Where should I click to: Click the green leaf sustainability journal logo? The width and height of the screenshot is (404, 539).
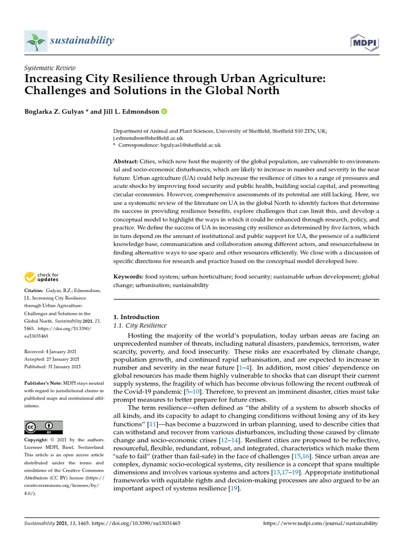click(36, 41)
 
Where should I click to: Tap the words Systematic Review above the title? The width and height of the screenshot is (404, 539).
click(50, 68)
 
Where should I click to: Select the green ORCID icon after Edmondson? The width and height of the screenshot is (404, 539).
click(164, 111)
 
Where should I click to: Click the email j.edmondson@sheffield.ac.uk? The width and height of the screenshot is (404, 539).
click(146, 137)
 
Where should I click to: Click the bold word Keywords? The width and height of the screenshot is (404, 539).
click(128, 276)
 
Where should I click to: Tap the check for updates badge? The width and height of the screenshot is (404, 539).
click(42, 277)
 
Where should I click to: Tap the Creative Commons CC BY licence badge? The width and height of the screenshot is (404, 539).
click(44, 427)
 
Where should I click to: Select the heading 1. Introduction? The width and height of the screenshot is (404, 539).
click(136, 317)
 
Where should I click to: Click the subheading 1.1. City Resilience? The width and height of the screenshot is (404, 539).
click(140, 326)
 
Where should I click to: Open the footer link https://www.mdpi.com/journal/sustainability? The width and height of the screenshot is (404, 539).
click(320, 524)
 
